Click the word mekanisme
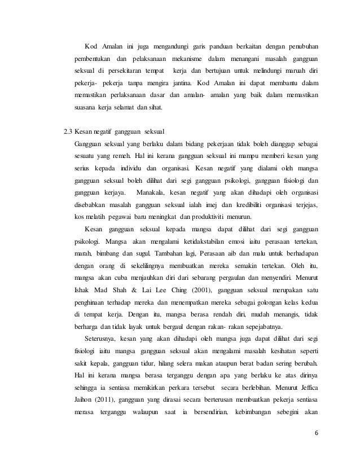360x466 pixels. (186, 58)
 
